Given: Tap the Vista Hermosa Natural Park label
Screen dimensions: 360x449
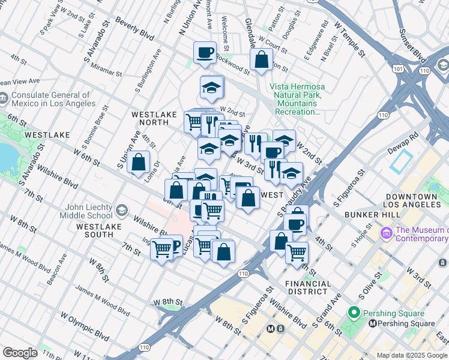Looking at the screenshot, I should click(x=298, y=100).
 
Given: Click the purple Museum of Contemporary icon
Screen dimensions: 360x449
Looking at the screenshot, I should click(x=386, y=231).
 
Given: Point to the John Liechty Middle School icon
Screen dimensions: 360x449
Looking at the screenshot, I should click(x=122, y=210).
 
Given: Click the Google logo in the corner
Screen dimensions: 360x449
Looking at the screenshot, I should click(x=20, y=353).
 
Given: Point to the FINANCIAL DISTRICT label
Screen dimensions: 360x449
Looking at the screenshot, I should click(x=308, y=287).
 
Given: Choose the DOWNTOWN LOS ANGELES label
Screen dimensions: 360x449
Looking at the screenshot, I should click(x=411, y=201).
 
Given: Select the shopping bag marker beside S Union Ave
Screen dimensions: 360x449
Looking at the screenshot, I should click(x=138, y=162).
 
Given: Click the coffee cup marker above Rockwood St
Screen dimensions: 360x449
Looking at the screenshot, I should click(x=205, y=52).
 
